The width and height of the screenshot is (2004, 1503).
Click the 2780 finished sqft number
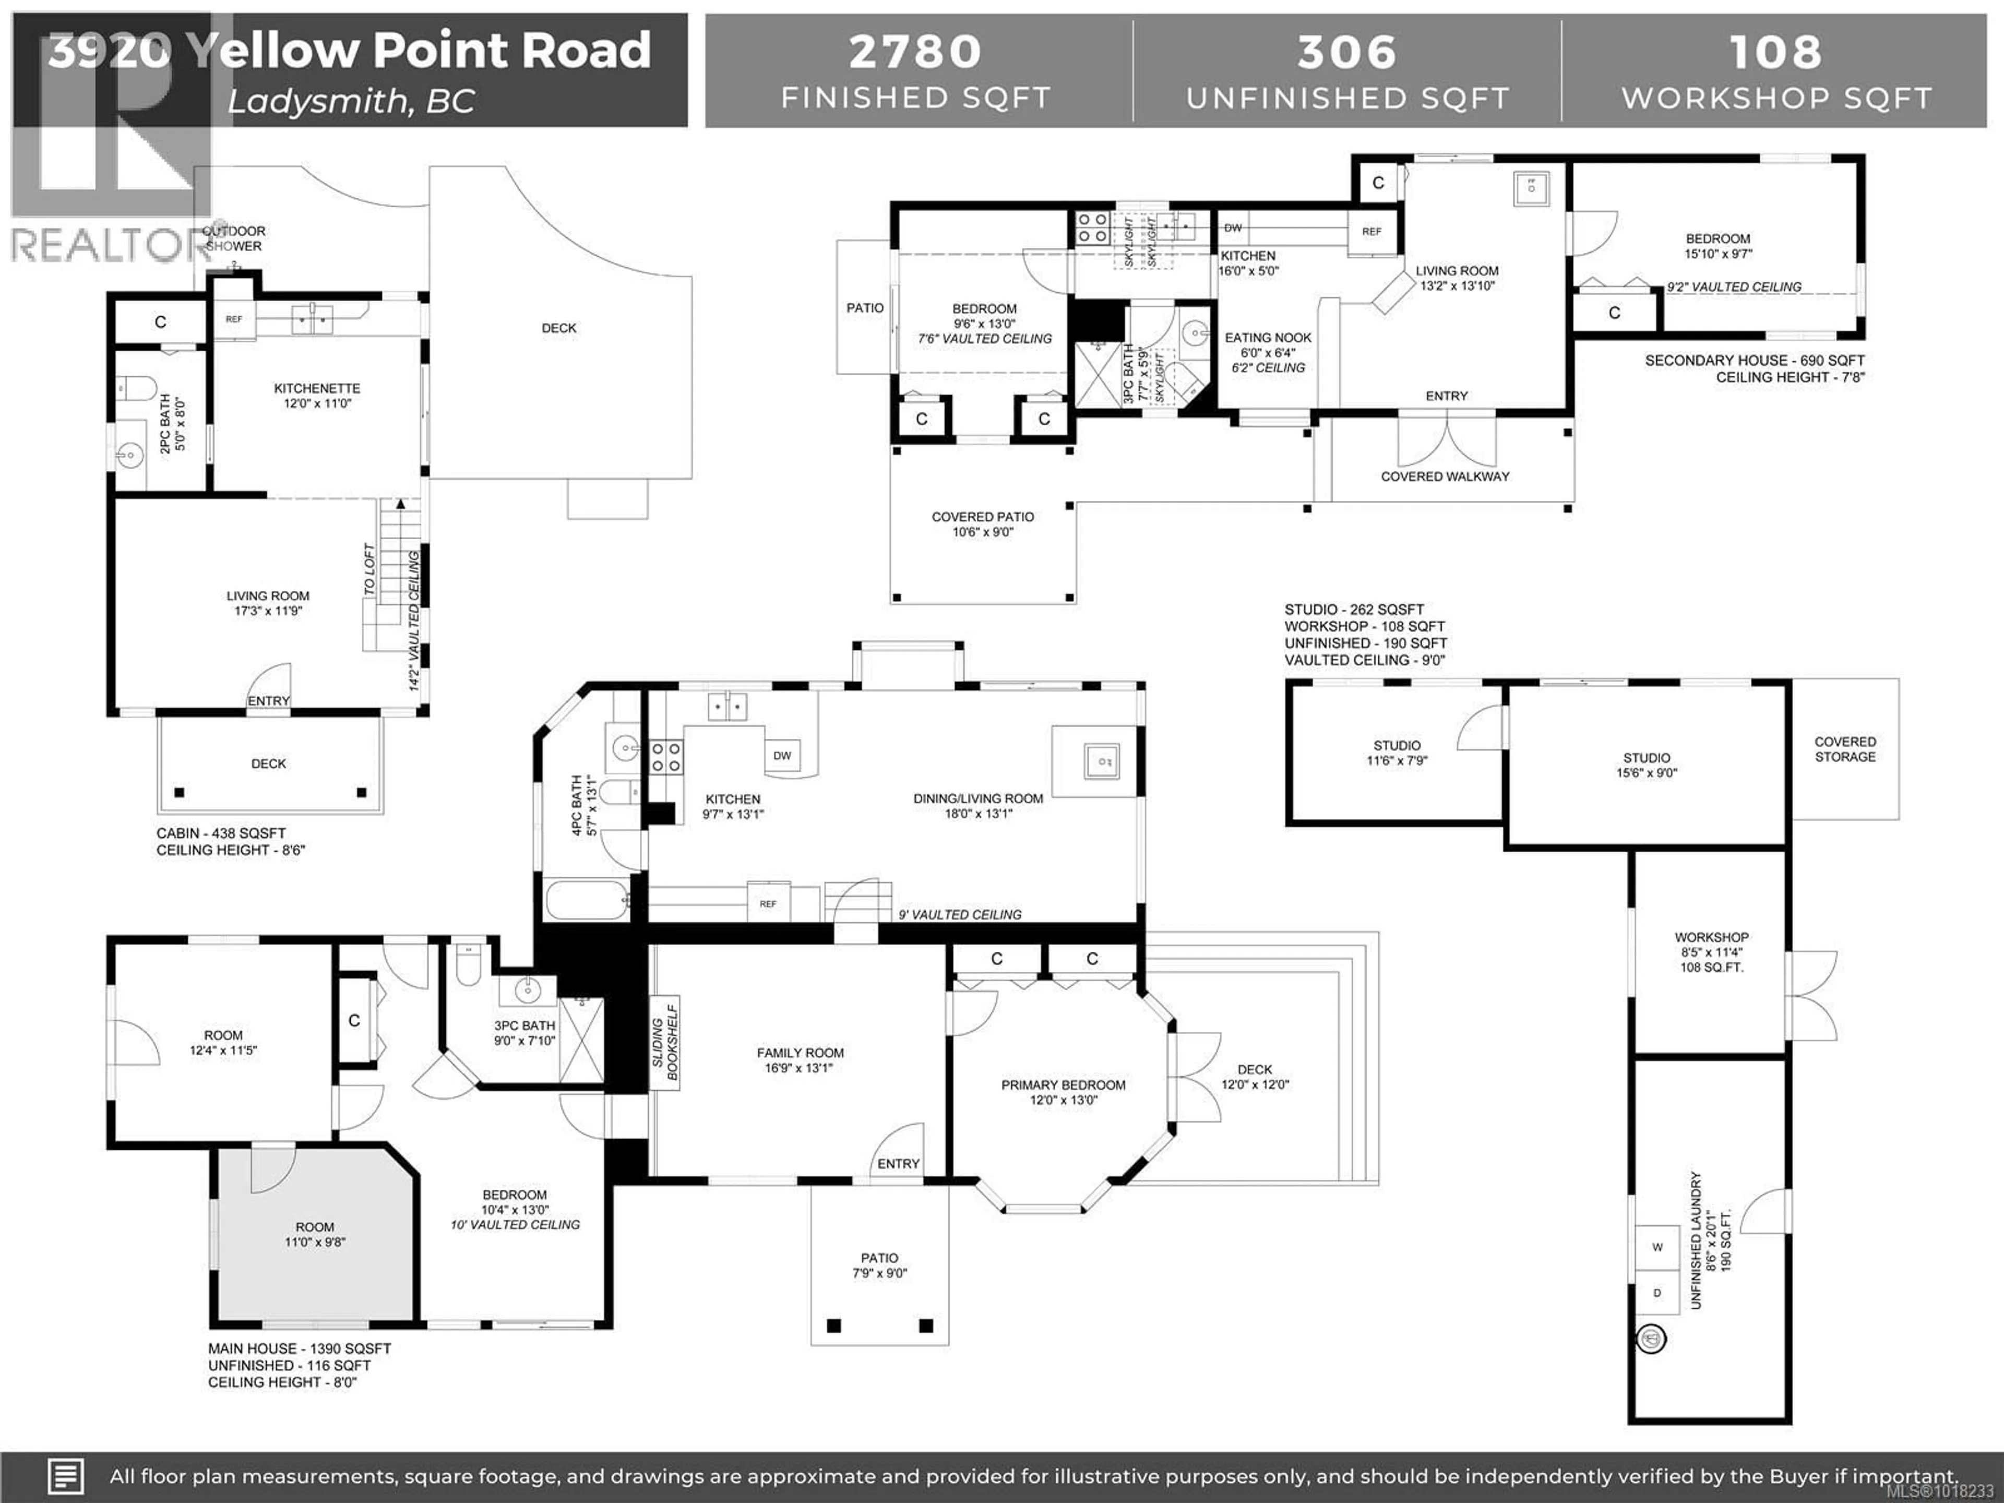(x=915, y=52)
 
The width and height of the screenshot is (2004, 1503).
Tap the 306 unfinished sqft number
(x=1346, y=52)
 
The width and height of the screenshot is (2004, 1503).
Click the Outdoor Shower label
(x=234, y=238)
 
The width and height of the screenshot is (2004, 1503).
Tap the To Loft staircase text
(x=369, y=569)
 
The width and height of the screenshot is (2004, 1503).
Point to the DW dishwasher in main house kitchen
(x=782, y=756)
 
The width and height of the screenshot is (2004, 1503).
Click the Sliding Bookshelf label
(x=666, y=1042)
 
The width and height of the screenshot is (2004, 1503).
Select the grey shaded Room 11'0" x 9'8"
(x=314, y=1234)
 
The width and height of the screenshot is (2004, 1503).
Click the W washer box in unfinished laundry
(x=1657, y=1247)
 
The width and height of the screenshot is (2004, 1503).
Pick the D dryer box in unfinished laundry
(x=1657, y=1293)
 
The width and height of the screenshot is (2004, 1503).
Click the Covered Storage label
(x=1844, y=749)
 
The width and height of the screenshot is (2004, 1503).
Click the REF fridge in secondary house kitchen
(x=1371, y=231)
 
